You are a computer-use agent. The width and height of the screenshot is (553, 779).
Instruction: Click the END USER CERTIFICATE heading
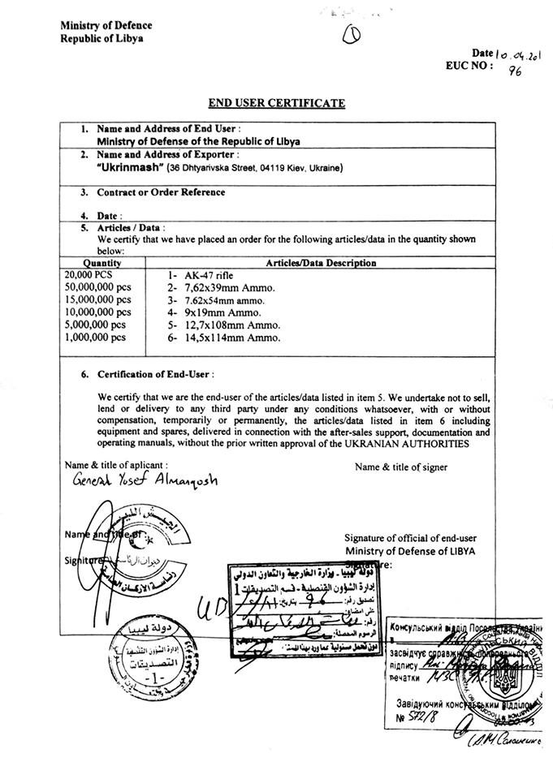pyautogui.click(x=276, y=103)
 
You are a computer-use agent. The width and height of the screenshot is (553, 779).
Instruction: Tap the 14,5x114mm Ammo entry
pyautogui.click(x=229, y=337)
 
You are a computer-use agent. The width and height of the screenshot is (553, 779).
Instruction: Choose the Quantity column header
pyautogui.click(x=102, y=263)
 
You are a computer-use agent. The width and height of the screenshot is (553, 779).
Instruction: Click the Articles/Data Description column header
pyautogui.click(x=321, y=263)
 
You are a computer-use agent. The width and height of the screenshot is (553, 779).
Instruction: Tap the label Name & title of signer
pyautogui.click(x=401, y=467)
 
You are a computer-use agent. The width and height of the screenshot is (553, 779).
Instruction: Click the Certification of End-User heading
pyautogui.click(x=155, y=375)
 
